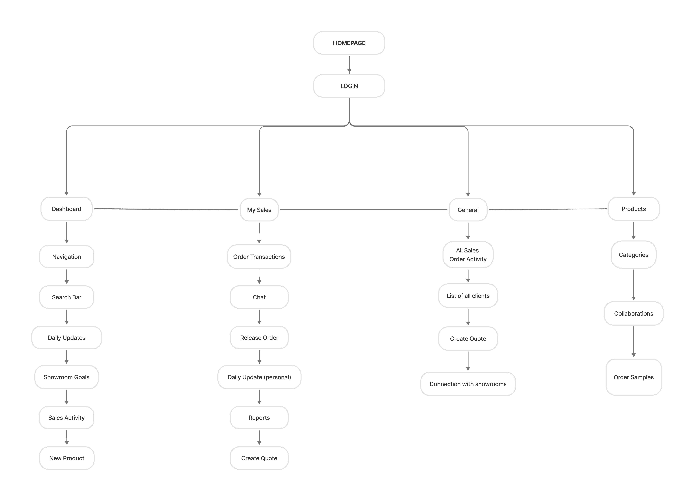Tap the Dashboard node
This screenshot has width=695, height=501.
point(66,209)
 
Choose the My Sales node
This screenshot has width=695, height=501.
point(259,210)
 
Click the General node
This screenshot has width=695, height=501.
point(468,210)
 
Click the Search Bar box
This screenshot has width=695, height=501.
point(66,297)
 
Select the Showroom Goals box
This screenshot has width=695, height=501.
point(66,377)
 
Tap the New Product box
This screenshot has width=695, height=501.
point(66,458)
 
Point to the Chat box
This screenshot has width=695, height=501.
point(259,297)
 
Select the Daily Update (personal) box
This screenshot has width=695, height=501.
point(259,377)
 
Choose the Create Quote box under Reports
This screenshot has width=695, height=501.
point(259,458)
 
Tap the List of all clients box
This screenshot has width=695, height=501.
point(468,295)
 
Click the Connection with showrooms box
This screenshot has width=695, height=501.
point(468,384)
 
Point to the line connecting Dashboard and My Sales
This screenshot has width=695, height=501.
point(166,209)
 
